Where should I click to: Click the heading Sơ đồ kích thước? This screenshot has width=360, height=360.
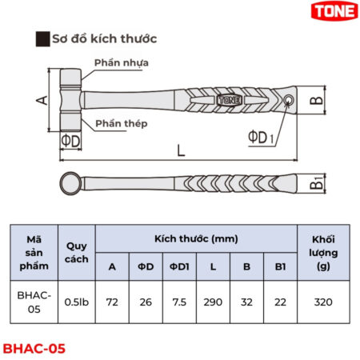(x=103, y=38)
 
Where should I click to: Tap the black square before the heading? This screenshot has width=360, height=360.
(x=42, y=38)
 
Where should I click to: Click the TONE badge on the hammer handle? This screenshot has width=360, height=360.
(x=227, y=101)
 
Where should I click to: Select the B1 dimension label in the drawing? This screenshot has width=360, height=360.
(x=318, y=182)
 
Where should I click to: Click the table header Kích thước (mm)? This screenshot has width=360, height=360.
(x=195, y=238)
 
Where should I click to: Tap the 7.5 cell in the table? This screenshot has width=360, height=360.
(x=179, y=302)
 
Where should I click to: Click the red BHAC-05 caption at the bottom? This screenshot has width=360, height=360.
(x=34, y=348)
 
